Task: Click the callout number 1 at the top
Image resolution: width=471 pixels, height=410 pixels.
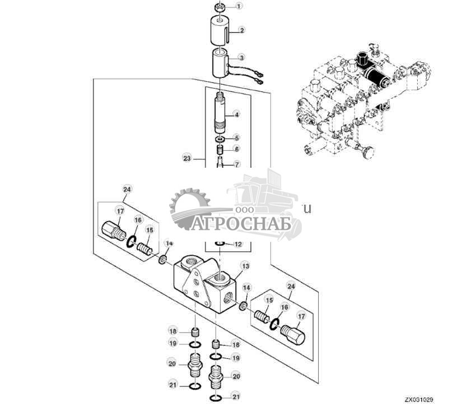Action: [x=240, y=7]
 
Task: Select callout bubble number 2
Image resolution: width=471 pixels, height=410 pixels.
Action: [x=241, y=30]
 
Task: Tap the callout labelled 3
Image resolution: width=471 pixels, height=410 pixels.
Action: [x=241, y=57]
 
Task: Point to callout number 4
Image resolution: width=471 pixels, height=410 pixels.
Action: [x=237, y=114]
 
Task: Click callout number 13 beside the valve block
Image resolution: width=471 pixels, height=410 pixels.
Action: [x=236, y=137]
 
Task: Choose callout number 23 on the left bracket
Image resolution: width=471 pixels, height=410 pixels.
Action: [x=236, y=149]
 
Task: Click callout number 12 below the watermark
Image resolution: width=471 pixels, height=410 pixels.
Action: [x=236, y=164]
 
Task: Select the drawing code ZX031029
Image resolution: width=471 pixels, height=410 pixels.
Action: [x=419, y=400]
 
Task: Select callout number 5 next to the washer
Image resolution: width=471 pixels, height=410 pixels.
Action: [x=236, y=137]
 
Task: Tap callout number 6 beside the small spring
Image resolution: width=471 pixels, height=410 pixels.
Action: [x=236, y=149]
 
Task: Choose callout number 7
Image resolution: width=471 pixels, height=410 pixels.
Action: [x=236, y=164]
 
